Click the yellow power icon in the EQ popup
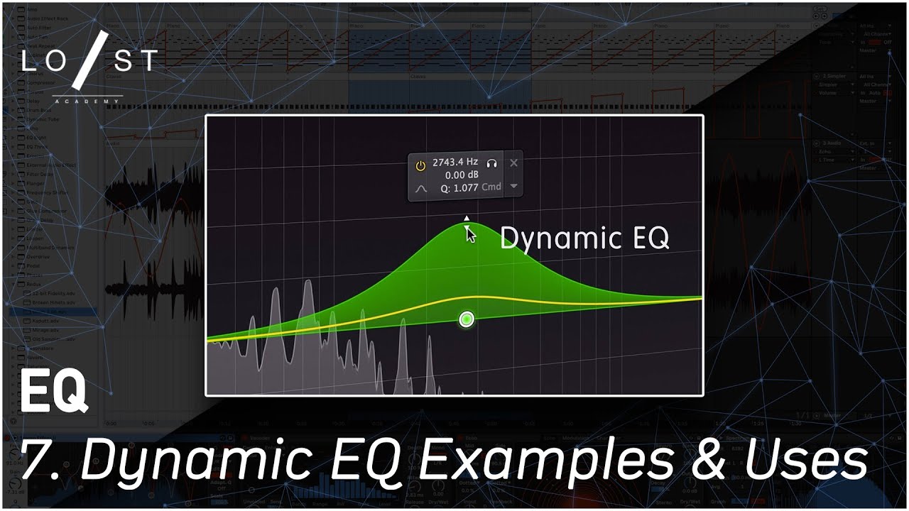point(420,165)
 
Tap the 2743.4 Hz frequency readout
point(456,163)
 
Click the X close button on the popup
point(514,163)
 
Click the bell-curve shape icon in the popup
point(420,189)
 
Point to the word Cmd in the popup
point(491,187)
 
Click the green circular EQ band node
point(466,319)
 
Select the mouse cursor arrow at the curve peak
point(470,233)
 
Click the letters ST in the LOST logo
point(135,61)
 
